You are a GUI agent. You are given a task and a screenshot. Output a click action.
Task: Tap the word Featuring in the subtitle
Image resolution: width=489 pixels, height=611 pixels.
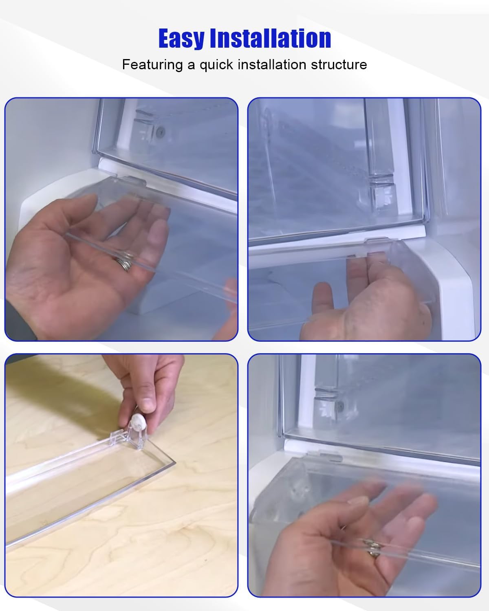click(x=152, y=64)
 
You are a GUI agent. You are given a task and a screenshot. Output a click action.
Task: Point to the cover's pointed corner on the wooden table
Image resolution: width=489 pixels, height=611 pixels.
click(x=174, y=462)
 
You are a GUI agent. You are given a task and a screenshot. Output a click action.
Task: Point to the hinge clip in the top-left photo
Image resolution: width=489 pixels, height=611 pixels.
click(x=131, y=180)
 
